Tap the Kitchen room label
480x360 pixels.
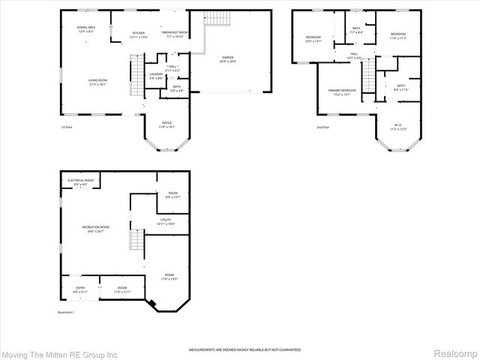pyautogui.click(x=139, y=34)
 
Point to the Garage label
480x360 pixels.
pyautogui.click(x=227, y=58)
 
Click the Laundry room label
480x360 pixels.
pyautogui.click(x=156, y=76)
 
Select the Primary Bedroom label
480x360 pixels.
pyautogui.click(x=341, y=93)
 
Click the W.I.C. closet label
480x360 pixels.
pyautogui.click(x=397, y=127)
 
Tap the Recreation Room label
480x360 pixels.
pyautogui.click(x=96, y=229)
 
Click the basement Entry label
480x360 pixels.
pyautogui.click(x=79, y=289)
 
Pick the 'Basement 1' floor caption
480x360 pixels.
pyautogui.click(x=67, y=313)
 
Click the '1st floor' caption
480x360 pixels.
pyautogui.click(x=67, y=127)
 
